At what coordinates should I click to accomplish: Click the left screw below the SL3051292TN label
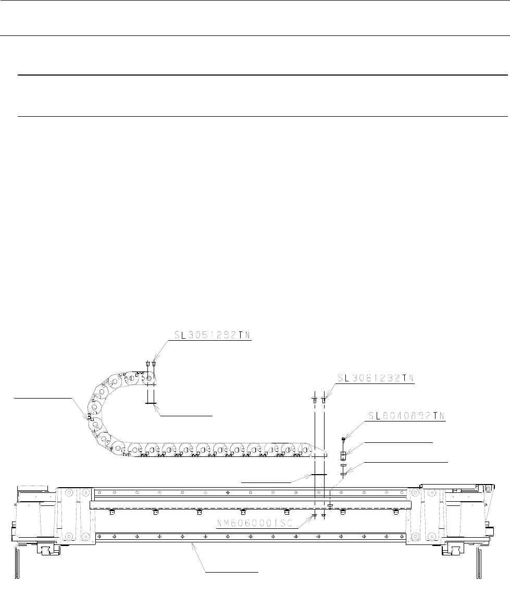click(148, 363)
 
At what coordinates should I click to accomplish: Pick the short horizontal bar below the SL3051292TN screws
click(151, 402)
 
